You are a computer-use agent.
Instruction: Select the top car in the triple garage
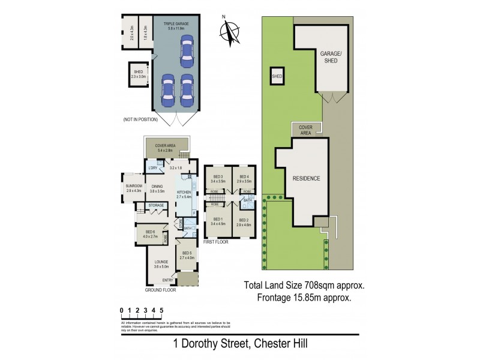187,50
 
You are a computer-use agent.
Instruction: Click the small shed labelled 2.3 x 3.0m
138,74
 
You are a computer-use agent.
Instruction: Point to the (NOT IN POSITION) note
140,120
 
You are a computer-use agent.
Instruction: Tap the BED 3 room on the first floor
218,178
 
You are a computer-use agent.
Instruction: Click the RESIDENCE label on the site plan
306,179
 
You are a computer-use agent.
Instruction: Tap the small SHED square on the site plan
277,77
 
